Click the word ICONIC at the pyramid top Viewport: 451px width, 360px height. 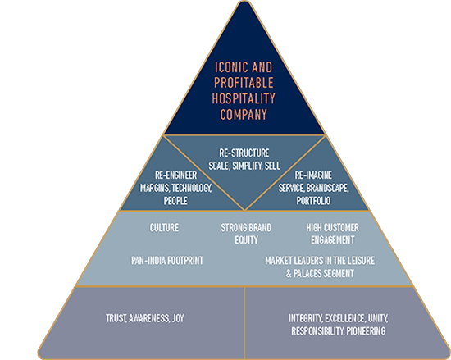[x=231, y=67]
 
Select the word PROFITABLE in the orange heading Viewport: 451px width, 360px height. [x=244, y=83]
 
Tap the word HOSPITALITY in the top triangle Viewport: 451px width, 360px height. [x=244, y=98]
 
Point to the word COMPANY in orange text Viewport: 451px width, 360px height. [x=244, y=114]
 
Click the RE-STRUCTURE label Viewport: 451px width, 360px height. [x=244, y=153]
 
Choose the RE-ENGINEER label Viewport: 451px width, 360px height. [x=175, y=175]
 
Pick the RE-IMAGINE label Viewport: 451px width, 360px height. [x=313, y=175]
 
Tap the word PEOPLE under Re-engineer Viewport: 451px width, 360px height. [x=175, y=201]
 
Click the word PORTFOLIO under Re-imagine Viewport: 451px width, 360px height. [x=313, y=201]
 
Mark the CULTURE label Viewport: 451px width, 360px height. [x=164, y=228]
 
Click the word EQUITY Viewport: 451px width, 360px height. [x=246, y=240]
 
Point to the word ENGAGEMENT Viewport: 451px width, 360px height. [x=332, y=240]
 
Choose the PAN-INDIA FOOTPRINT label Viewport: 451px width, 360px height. [x=167, y=261]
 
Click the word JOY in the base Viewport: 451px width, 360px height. [x=178, y=318]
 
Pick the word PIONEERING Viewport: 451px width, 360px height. [x=366, y=331]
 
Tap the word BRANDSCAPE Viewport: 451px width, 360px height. [x=328, y=188]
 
